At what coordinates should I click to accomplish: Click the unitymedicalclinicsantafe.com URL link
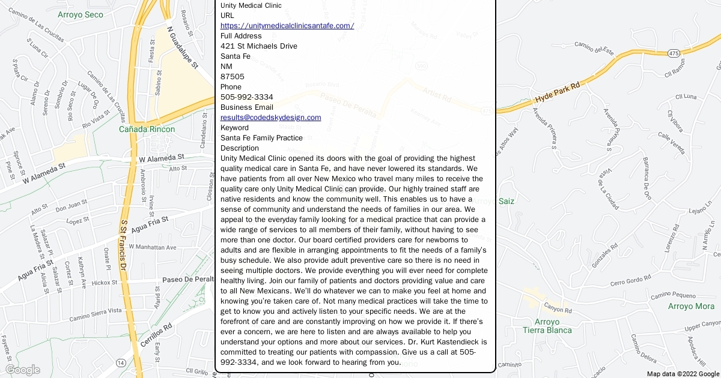click(x=287, y=26)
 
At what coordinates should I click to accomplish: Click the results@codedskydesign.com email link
click(x=270, y=118)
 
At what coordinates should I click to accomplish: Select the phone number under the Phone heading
click(x=246, y=97)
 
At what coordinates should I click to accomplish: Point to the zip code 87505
click(x=233, y=77)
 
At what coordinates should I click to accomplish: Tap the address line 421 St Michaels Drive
click(x=258, y=46)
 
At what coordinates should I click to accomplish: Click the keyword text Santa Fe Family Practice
click(x=261, y=138)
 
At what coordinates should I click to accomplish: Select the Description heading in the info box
click(x=240, y=148)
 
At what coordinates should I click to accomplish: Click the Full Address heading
click(x=241, y=36)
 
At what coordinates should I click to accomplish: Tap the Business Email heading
click(x=246, y=107)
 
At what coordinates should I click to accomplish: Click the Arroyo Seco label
click(x=81, y=14)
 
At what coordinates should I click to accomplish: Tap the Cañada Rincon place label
click(x=147, y=129)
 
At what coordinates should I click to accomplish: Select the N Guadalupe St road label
click(x=183, y=47)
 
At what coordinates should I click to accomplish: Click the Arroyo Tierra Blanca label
click(x=547, y=326)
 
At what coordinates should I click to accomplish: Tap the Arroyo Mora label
click(x=691, y=307)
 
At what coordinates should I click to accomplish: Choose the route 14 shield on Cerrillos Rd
click(x=121, y=363)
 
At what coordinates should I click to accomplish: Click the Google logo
click(x=22, y=370)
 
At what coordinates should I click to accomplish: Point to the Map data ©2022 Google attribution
click(x=682, y=374)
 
